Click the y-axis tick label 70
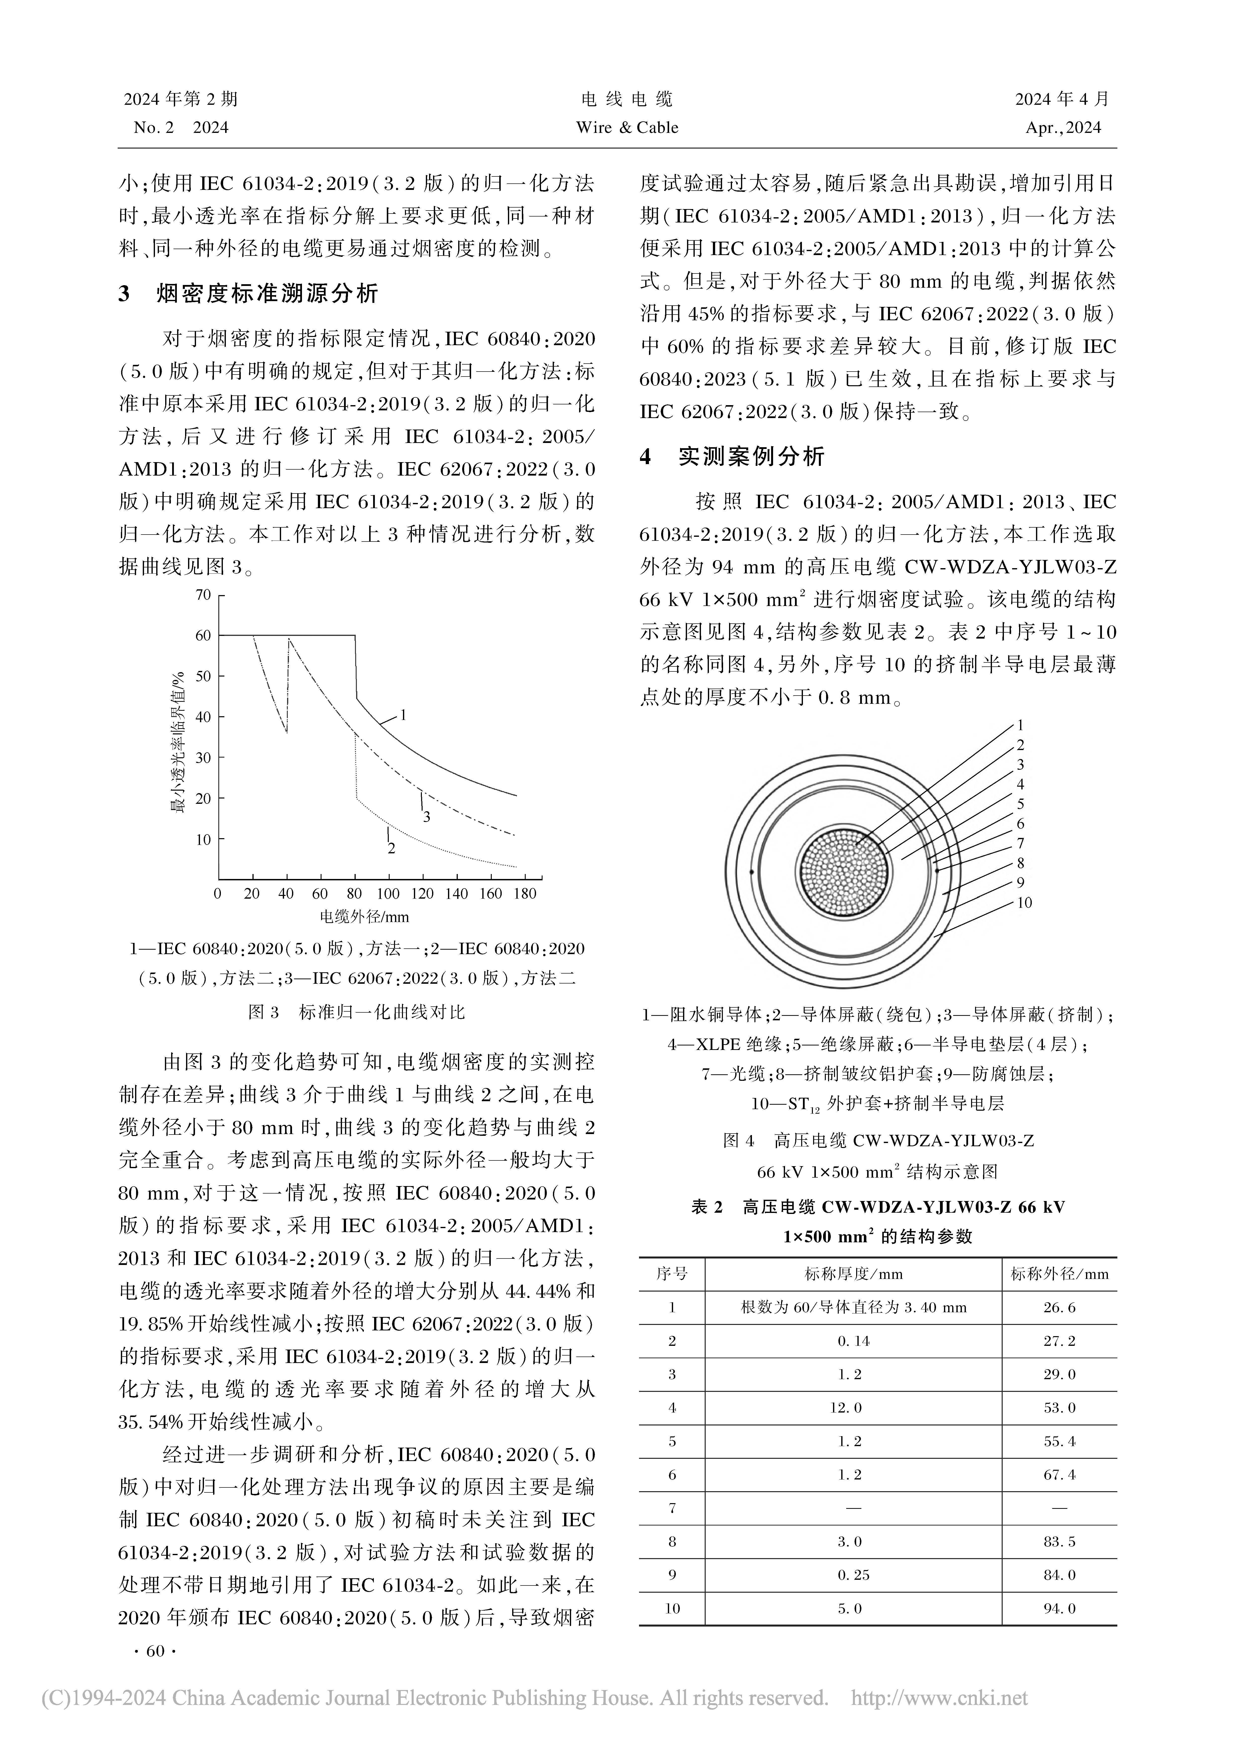(203, 595)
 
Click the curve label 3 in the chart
(427, 817)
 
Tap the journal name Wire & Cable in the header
(627, 128)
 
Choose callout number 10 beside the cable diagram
(1024, 903)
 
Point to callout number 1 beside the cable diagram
(1020, 725)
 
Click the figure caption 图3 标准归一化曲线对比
(357, 1012)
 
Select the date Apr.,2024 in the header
(1063, 128)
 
